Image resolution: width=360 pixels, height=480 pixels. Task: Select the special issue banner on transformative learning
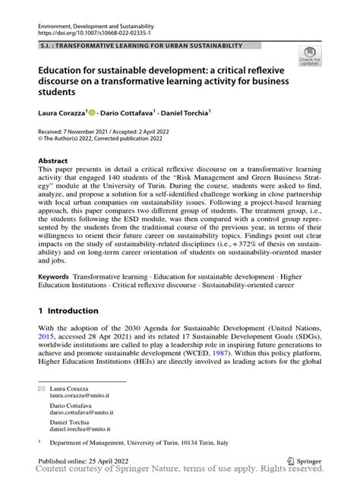click(x=141, y=46)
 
